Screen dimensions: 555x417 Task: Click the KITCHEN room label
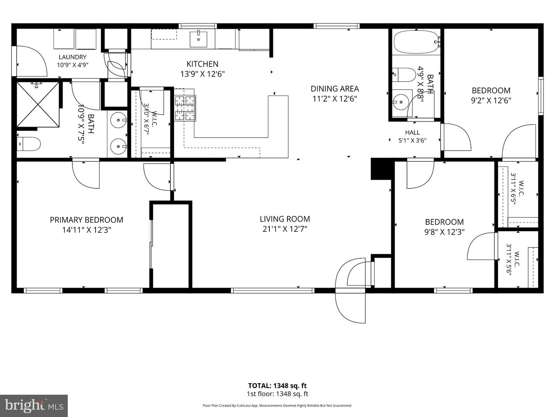[x=202, y=64]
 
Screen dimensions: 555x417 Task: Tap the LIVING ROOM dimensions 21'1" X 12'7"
[x=285, y=229]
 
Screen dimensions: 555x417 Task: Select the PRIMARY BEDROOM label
[x=86, y=220]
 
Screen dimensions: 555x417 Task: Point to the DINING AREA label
[x=335, y=89]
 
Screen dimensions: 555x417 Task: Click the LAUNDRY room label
[x=72, y=57]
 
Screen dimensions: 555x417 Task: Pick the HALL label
[x=412, y=132]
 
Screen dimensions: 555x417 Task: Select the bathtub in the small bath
[x=416, y=42]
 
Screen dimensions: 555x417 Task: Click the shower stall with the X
[x=38, y=104]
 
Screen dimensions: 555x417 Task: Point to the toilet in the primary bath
[x=29, y=144]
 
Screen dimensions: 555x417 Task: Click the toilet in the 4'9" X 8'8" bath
[x=404, y=75]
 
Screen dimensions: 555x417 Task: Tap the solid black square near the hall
[x=381, y=169]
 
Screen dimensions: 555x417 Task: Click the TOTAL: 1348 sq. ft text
[x=277, y=386]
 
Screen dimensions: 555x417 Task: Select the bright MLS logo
[x=34, y=405]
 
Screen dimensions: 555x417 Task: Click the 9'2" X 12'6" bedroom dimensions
[x=491, y=100]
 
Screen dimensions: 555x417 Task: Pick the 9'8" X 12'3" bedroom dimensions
[x=444, y=232]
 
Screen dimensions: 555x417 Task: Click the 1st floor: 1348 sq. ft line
[x=277, y=394]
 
